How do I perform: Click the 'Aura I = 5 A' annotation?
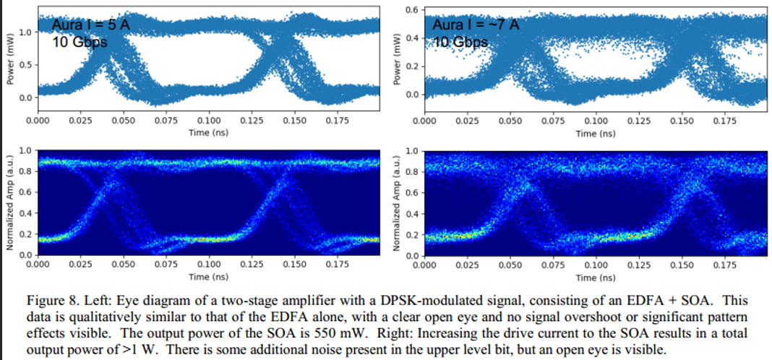tap(90, 26)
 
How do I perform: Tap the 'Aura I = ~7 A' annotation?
tap(475, 25)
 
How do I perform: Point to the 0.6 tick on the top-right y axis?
tap(411, 9)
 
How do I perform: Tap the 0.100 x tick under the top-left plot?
tap(210, 119)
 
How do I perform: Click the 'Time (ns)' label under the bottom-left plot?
tap(210, 277)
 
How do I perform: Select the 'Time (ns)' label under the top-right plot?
tap(596, 134)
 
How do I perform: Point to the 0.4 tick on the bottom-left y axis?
tap(25, 213)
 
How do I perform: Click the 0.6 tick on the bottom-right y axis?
tap(412, 192)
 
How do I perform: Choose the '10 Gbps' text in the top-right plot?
tap(460, 41)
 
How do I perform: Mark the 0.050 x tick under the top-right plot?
tap(510, 121)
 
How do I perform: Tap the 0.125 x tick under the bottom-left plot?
tap(252, 265)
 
